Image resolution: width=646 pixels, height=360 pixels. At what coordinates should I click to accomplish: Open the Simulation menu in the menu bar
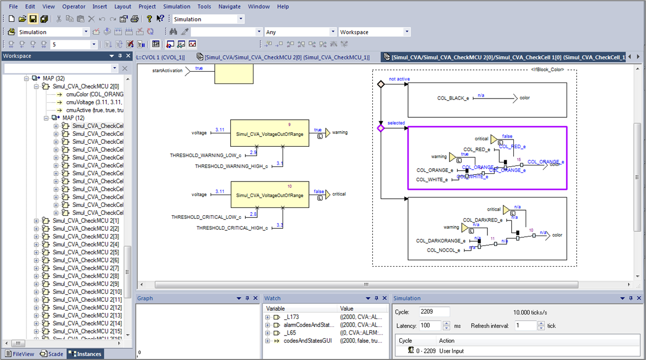(x=176, y=7)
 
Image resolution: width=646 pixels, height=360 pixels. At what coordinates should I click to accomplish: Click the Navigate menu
(x=229, y=7)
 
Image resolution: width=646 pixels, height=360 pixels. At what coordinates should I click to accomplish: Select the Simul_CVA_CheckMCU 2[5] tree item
(x=86, y=252)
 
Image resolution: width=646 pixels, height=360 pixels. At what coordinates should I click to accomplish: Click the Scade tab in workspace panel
(x=52, y=354)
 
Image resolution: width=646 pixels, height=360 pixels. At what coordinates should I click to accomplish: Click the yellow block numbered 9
(x=270, y=134)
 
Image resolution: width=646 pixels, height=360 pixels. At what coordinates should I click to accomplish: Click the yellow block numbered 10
(x=270, y=195)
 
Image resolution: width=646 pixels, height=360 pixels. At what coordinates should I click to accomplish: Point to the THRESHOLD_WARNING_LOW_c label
(x=205, y=156)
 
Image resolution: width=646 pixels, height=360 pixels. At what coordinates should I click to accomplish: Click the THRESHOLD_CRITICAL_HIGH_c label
(x=232, y=228)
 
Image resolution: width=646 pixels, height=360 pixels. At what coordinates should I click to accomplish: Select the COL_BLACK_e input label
(x=453, y=98)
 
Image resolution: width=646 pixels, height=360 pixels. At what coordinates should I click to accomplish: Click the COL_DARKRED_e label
(x=482, y=220)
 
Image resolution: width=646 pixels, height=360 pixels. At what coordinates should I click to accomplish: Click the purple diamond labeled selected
(x=381, y=128)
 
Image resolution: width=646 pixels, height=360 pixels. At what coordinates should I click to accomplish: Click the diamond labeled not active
(x=381, y=84)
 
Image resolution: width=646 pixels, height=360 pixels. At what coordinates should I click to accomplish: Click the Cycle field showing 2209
(x=434, y=312)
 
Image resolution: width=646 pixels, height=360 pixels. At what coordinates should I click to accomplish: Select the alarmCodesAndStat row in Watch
(x=308, y=325)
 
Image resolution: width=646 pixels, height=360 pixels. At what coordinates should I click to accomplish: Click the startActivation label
(x=167, y=71)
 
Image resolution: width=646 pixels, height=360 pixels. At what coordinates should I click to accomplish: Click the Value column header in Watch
(x=346, y=309)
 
